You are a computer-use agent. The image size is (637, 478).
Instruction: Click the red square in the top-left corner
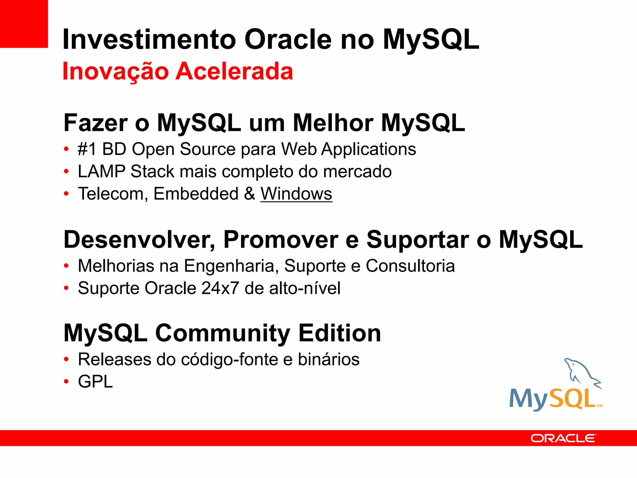[24, 24]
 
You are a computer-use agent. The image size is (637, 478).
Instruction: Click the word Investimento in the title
[149, 40]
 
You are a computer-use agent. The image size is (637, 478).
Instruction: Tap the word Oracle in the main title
[288, 40]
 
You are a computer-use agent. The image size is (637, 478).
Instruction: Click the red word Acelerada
[235, 72]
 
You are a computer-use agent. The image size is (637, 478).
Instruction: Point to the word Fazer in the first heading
[95, 123]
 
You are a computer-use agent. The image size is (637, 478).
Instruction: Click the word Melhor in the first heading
[333, 123]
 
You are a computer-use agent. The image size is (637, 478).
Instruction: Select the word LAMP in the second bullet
[102, 172]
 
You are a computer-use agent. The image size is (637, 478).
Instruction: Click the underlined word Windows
[296, 194]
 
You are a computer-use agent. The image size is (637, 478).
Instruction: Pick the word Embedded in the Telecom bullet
[196, 194]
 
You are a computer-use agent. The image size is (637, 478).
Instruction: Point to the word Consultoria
[410, 266]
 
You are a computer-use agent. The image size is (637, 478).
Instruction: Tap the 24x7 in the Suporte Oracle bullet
[220, 288]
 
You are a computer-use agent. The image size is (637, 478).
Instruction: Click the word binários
[328, 360]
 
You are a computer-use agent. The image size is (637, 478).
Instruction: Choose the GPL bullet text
[95, 382]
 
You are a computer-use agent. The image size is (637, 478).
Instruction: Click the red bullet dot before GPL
[66, 382]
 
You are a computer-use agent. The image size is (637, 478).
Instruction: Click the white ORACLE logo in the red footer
[563, 438]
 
